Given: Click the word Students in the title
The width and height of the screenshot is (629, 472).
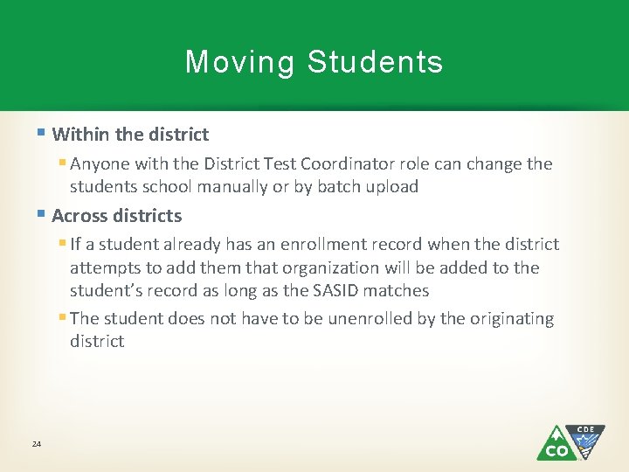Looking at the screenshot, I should (x=376, y=63).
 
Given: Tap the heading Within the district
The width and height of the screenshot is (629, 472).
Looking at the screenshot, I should (x=130, y=135).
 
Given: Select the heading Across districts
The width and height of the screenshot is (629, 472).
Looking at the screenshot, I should (x=117, y=216).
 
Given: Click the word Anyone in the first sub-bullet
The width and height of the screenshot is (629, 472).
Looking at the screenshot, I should (x=98, y=164).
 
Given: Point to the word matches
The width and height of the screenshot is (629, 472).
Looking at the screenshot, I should (x=401, y=291).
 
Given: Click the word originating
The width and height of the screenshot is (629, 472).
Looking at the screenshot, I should (x=510, y=319).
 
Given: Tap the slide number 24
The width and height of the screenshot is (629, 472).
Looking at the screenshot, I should (x=37, y=445).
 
